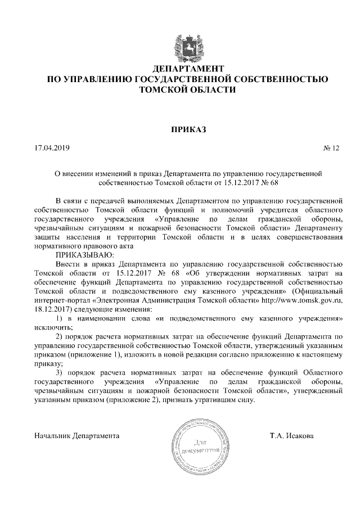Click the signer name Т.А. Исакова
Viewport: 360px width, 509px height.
point(292,436)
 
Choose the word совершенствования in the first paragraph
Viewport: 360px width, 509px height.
point(309,236)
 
